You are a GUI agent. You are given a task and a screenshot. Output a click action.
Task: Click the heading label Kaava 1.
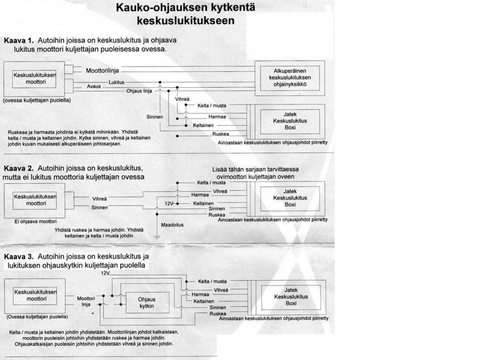coord(18,41)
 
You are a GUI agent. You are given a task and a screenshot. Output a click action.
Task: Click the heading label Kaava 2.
coord(18,168)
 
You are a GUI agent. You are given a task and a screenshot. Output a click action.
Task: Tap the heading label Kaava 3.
coord(18,257)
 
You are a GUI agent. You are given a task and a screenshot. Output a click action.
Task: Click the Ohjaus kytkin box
coord(147,303)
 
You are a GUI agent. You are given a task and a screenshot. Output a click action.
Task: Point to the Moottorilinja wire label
coord(103,70)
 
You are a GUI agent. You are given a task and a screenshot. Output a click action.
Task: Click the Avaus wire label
coord(94,87)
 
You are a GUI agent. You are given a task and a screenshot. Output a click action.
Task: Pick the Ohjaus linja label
coord(139,91)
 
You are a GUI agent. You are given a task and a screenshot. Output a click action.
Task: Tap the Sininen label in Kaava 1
coord(155,117)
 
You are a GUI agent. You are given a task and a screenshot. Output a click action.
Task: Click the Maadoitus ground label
coord(172,225)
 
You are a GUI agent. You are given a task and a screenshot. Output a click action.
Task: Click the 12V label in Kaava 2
coord(169,203)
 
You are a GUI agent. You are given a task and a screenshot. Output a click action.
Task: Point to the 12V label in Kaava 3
coord(105,273)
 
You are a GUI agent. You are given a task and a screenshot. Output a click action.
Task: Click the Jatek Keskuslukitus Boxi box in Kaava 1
coord(290,121)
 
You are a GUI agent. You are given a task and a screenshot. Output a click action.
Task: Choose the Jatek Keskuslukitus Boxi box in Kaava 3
coord(291,297)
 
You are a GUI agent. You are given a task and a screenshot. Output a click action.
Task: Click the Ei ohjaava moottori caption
coord(36,221)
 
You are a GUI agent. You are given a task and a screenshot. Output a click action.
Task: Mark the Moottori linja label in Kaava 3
coord(86,301)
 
